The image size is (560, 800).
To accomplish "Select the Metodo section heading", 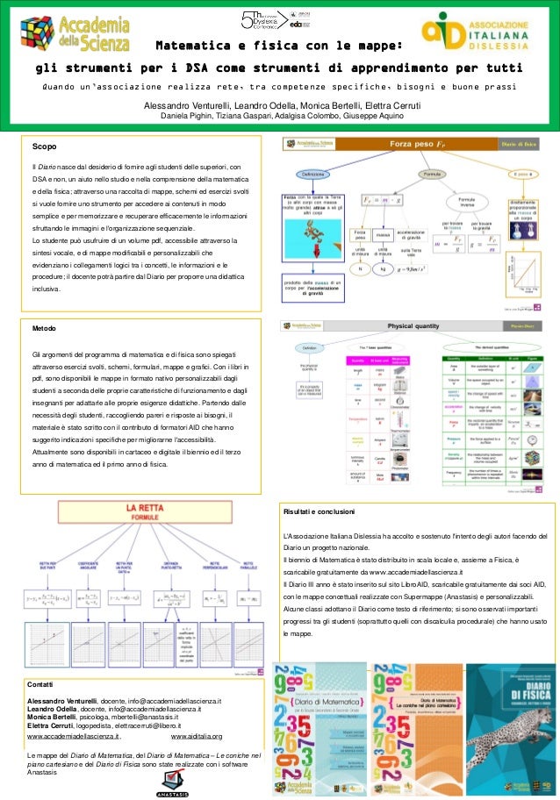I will pyautogui.click(x=46, y=327).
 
